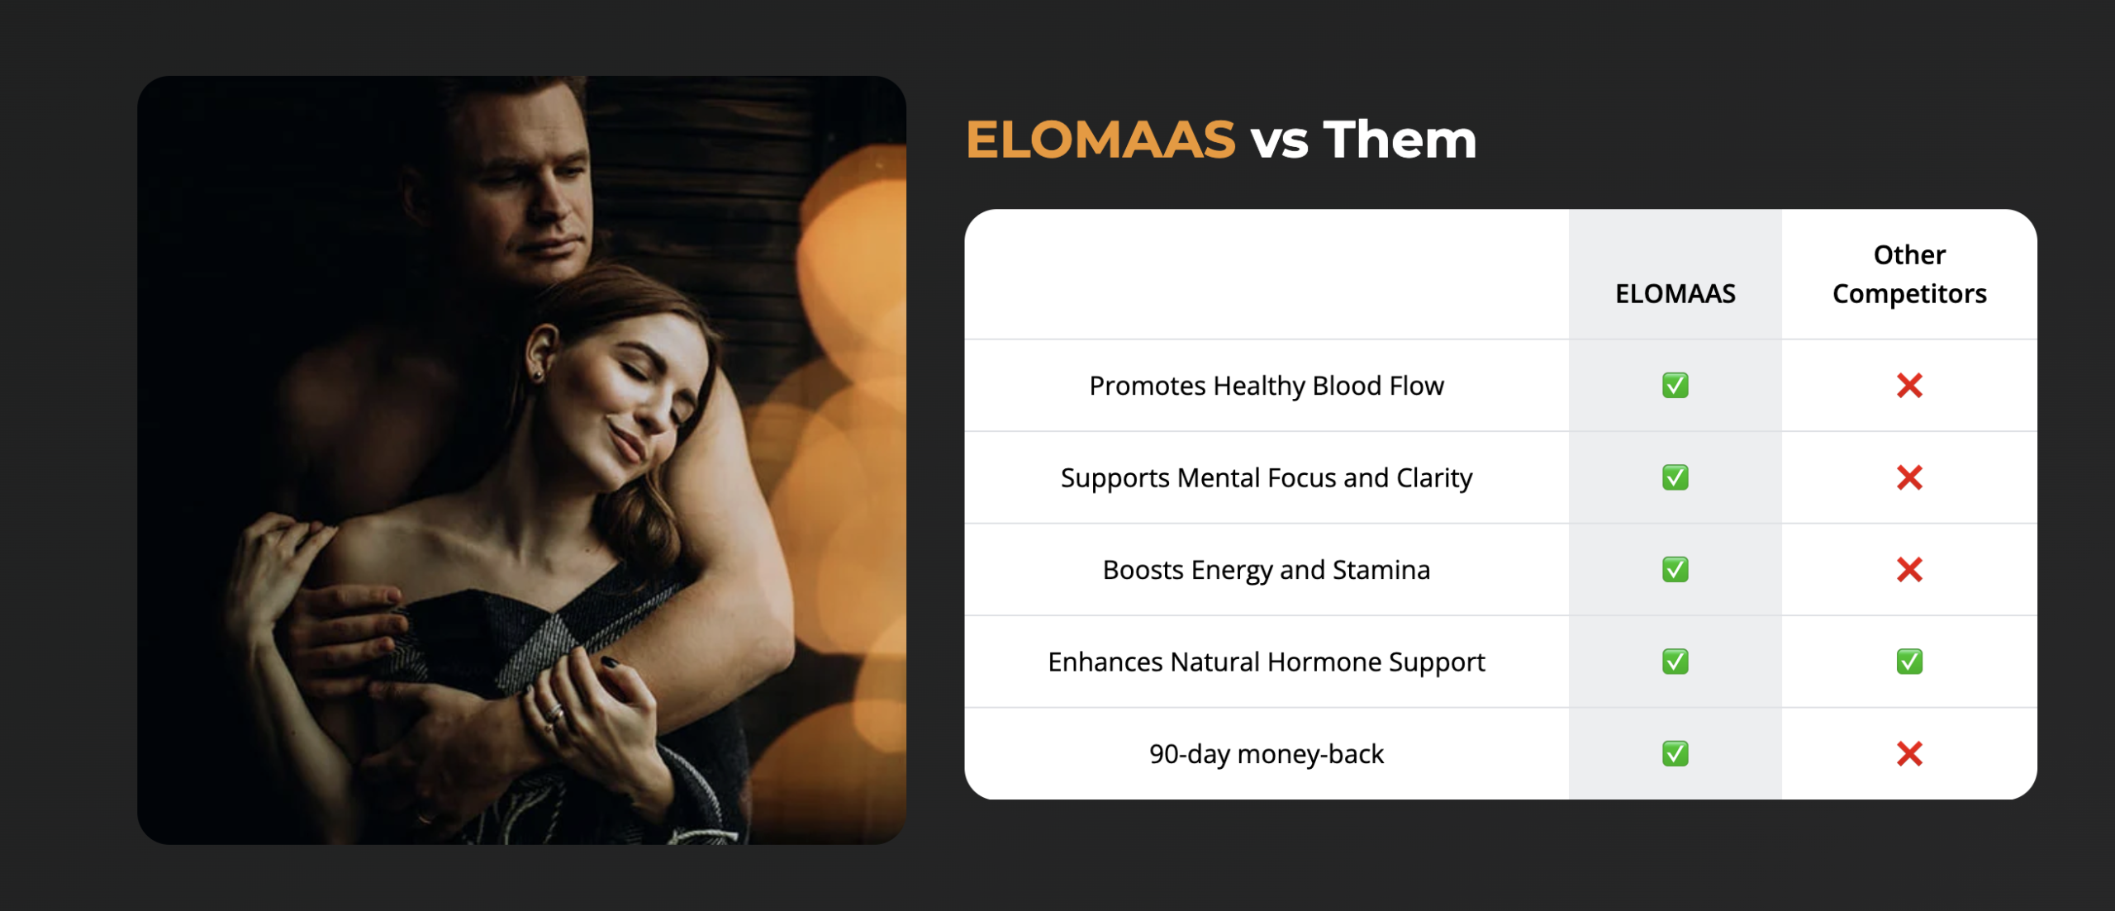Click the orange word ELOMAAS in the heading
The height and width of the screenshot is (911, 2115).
click(x=1100, y=140)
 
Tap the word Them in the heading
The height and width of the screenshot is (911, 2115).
click(x=1400, y=140)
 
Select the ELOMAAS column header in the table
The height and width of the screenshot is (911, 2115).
click(x=1675, y=293)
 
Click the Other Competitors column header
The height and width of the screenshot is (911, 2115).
click(x=1908, y=274)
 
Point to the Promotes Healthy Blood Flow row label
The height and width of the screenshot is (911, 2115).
click(x=1266, y=386)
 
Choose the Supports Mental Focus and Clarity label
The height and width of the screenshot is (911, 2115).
click(x=1266, y=477)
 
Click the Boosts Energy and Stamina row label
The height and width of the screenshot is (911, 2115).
click(x=1266, y=570)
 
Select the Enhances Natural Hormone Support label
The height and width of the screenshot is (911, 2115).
click(x=1266, y=662)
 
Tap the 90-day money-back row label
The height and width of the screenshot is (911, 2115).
click(x=1266, y=753)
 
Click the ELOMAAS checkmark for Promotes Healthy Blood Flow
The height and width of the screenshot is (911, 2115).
click(x=1675, y=386)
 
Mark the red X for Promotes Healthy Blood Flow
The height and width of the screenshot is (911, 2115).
click(x=1908, y=386)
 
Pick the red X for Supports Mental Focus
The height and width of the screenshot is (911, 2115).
click(x=1908, y=477)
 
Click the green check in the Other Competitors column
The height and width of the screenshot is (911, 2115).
click(x=1908, y=662)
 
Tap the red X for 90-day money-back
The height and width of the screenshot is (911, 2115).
click(x=1908, y=753)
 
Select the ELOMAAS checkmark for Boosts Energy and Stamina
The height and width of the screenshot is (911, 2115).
click(x=1675, y=570)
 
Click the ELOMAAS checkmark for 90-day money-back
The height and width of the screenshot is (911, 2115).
click(x=1675, y=753)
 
